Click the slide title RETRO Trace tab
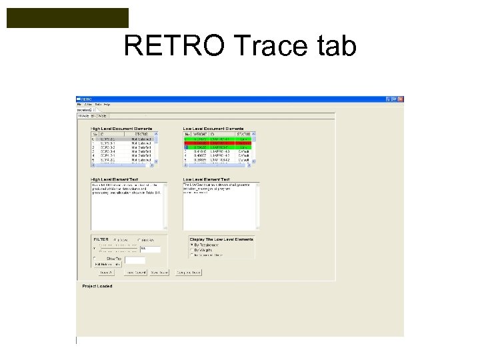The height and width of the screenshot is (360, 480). pyautogui.click(x=240, y=47)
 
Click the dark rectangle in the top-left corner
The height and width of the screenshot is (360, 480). pyautogui.click(x=67, y=18)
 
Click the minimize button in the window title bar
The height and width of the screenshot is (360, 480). pyautogui.click(x=387, y=99)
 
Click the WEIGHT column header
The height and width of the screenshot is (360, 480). pyautogui.click(x=199, y=134)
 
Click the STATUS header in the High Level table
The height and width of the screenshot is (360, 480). pyautogui.click(x=142, y=134)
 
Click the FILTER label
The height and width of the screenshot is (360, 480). pyautogui.click(x=101, y=238)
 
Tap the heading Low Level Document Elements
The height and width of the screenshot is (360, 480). pyautogui.click(x=213, y=129)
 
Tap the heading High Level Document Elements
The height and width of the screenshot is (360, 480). pyautogui.click(x=121, y=129)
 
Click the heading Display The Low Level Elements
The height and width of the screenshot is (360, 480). pyautogui.click(x=221, y=239)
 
